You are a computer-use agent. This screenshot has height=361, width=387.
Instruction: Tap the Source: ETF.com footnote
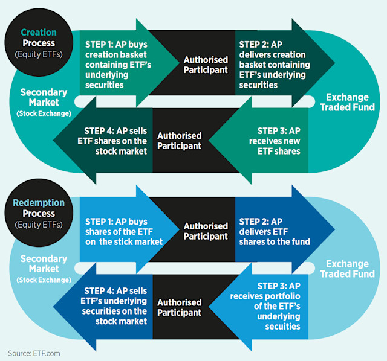pyautogui.click(x=34, y=353)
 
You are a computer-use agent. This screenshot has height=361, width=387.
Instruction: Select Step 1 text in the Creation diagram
pyautogui.click(x=119, y=65)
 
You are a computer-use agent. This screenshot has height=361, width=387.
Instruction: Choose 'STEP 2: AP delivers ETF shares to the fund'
pyautogui.click(x=275, y=231)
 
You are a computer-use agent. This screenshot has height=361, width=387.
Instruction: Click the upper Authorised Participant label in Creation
pyautogui.click(x=206, y=65)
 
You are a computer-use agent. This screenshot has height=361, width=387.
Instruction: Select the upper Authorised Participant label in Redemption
pyautogui.click(x=206, y=231)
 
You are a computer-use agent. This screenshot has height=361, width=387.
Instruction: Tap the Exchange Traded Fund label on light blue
pyautogui.click(x=347, y=269)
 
